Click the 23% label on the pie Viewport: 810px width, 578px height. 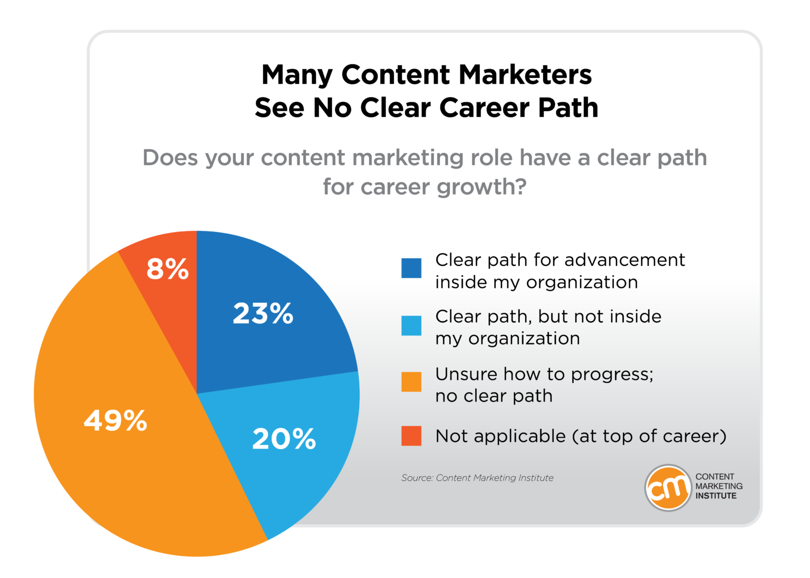pyautogui.click(x=263, y=314)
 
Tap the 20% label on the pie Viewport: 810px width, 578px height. pyautogui.click(x=284, y=439)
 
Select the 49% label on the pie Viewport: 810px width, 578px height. pyautogui.click(x=115, y=421)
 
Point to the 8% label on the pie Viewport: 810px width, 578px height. pyautogui.click(x=167, y=269)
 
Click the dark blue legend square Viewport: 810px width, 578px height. pyautogui.click(x=411, y=268)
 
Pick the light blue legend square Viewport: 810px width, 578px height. pyautogui.click(x=411, y=325)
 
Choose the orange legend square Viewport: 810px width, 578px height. pyautogui.click(x=411, y=382)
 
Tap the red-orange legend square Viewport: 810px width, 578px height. pyautogui.click(x=411, y=436)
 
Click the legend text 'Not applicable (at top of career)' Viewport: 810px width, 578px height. pyautogui.click(x=581, y=437)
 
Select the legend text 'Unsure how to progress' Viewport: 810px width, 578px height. pyautogui.click(x=544, y=374)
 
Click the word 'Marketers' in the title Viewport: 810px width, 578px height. pyautogui.click(x=525, y=75)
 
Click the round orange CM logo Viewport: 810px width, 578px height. pyautogui.click(x=668, y=488)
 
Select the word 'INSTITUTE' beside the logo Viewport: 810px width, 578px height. pyautogui.click(x=716, y=496)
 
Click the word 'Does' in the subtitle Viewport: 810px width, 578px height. pyautogui.click(x=170, y=158)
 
